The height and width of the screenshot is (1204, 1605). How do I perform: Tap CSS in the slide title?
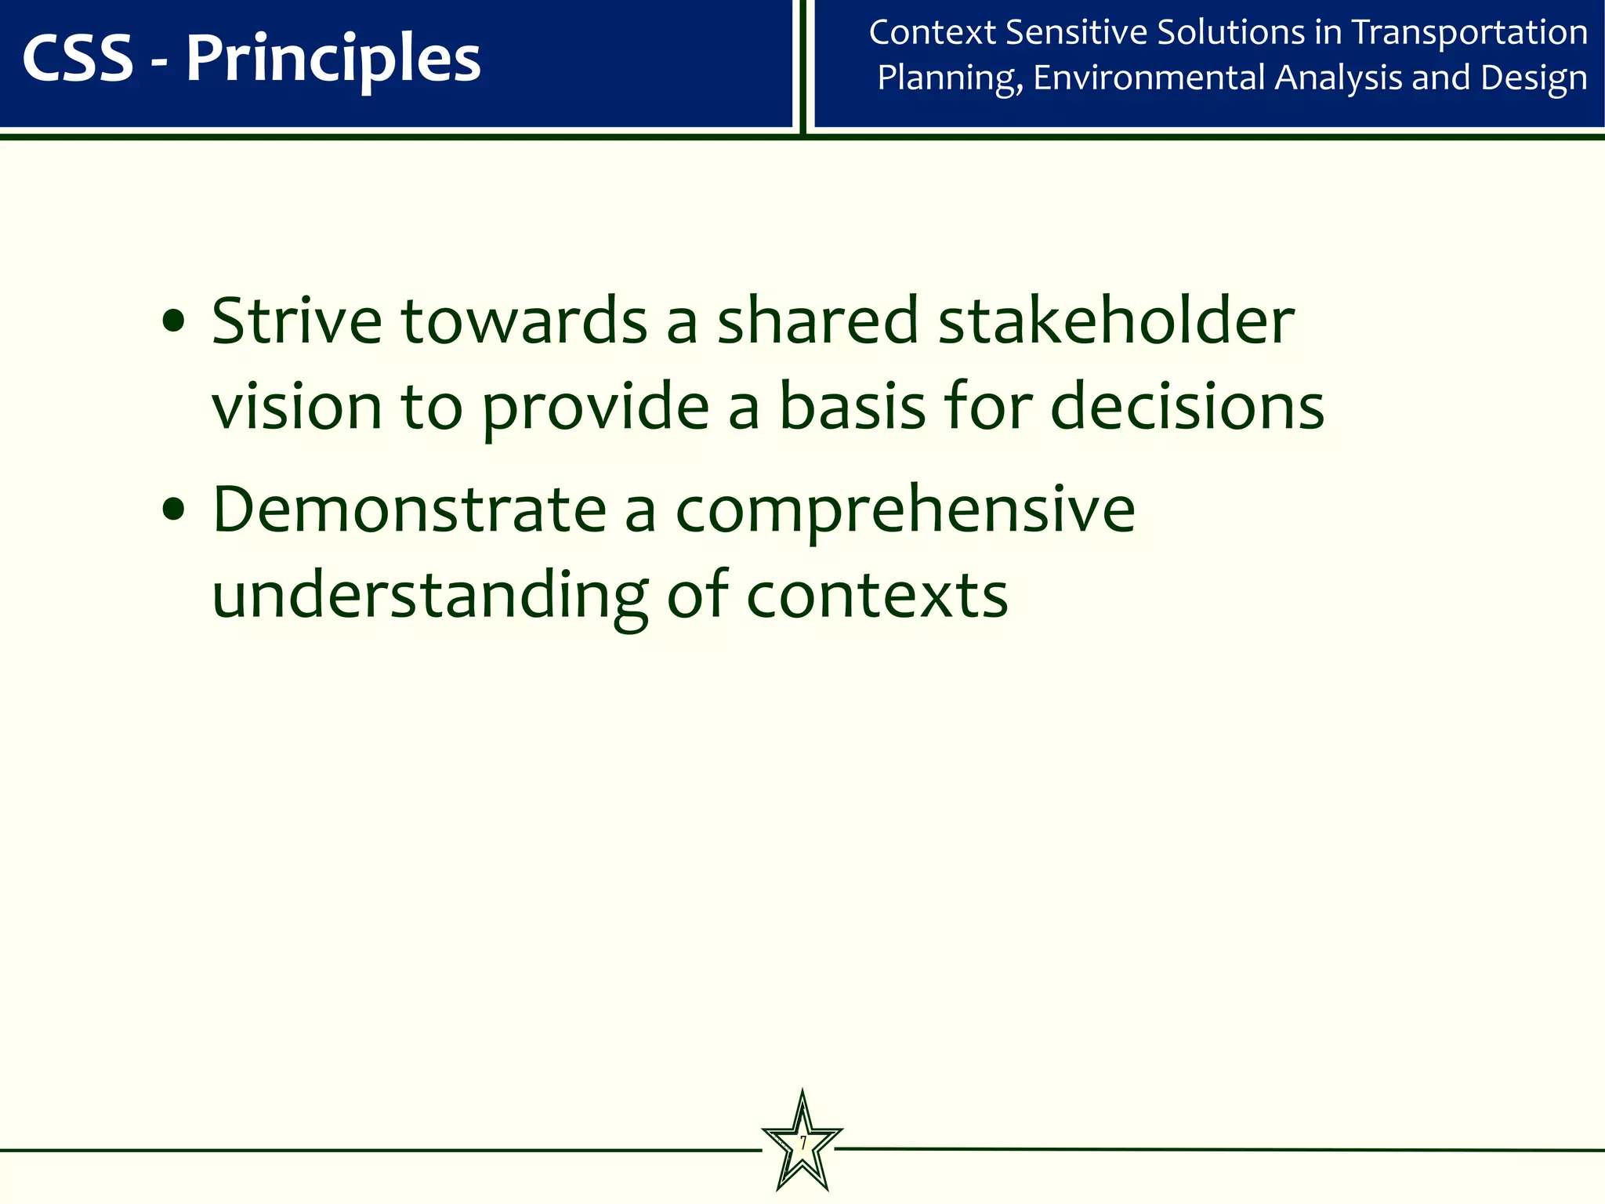78,60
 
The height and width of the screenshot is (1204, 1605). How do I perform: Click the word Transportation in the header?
1469,33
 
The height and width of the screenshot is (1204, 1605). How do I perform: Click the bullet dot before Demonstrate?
173,511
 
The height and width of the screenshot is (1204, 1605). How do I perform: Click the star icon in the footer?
802,1144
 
